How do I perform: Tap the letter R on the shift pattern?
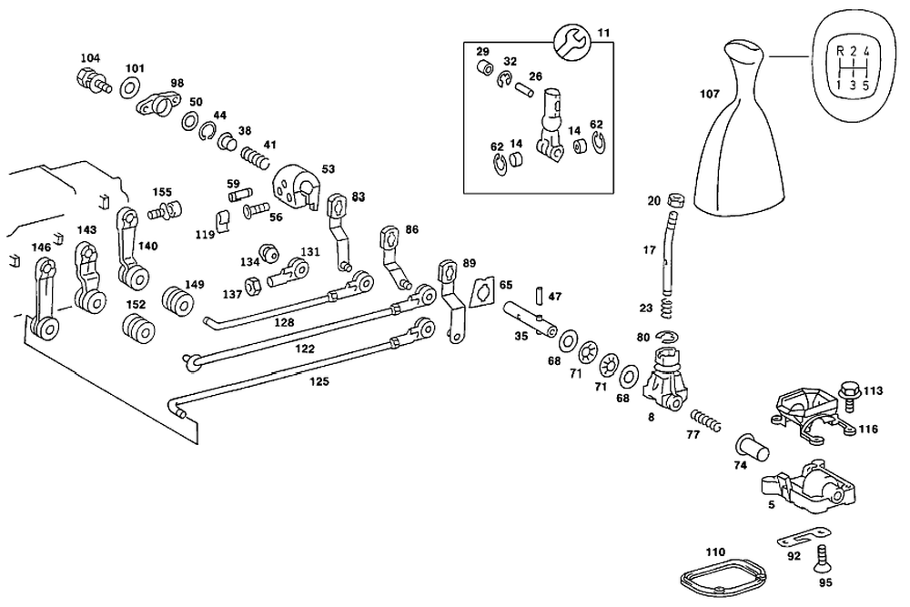(839, 50)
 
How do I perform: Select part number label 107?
(710, 93)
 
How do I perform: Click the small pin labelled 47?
(539, 297)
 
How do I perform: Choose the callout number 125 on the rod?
(318, 381)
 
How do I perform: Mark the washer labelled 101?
(128, 88)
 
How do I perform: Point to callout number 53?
(328, 168)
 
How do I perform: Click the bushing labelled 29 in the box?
(486, 68)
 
